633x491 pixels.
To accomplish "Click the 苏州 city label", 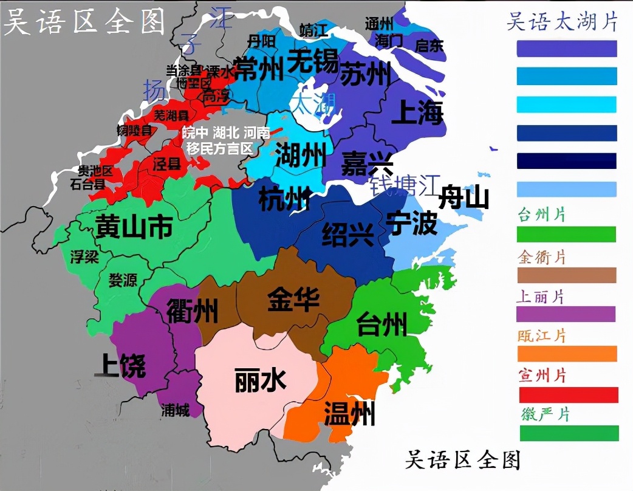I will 364,75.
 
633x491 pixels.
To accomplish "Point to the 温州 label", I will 349,413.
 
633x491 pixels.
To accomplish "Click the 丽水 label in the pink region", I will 260,381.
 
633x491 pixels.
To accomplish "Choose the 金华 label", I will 293,300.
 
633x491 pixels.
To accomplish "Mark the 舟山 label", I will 464,197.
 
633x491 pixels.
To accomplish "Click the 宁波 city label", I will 412,224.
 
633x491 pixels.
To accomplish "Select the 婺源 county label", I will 123,280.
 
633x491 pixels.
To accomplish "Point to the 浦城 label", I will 175,411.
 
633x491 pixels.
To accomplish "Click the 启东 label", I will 429,46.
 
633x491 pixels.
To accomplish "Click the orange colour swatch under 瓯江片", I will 567,354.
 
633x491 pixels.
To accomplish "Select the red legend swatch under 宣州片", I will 569,394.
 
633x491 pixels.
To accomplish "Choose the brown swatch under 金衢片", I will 566,275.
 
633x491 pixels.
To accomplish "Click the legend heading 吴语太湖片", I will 562,22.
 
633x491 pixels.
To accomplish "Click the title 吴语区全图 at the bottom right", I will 463,459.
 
